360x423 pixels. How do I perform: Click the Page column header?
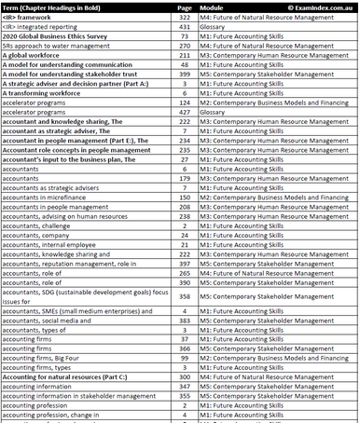click(x=184, y=7)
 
